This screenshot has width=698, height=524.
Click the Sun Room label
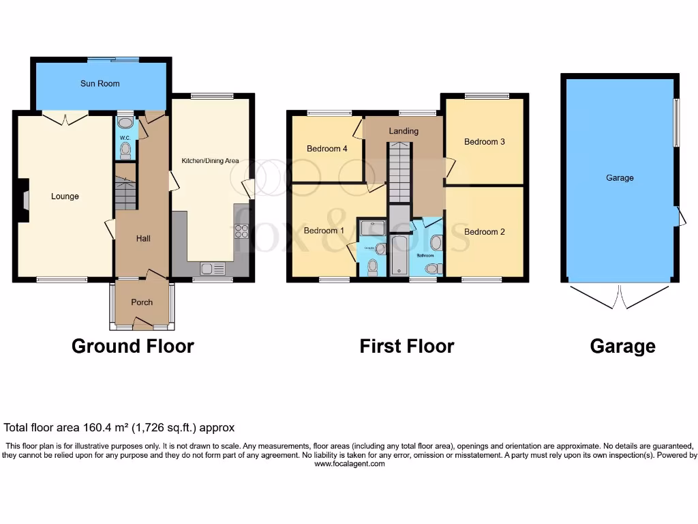(x=100, y=83)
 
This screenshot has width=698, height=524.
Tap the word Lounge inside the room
(x=65, y=196)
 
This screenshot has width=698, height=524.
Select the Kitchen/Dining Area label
(x=210, y=161)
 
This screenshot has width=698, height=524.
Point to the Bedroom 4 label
(x=327, y=149)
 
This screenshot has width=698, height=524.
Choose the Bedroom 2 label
(x=485, y=232)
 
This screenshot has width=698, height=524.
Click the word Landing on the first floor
(x=404, y=131)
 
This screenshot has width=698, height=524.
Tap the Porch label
(x=142, y=302)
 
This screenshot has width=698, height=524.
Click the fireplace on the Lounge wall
(x=24, y=200)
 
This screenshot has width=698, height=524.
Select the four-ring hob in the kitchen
(x=241, y=231)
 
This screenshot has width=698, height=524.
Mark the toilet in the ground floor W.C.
(x=125, y=150)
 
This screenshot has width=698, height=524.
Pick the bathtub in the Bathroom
(x=399, y=255)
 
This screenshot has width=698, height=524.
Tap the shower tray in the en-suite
(x=371, y=227)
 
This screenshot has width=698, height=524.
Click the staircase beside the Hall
(x=126, y=193)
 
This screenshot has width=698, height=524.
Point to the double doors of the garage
(x=620, y=297)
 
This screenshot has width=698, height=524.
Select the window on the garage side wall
(x=676, y=123)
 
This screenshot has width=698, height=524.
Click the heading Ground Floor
(x=132, y=347)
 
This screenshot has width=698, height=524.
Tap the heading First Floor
(x=406, y=347)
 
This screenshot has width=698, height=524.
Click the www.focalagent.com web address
(x=349, y=464)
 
